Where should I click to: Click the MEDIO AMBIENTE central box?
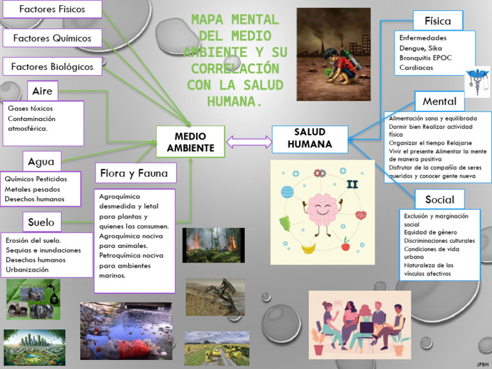(x=190, y=142)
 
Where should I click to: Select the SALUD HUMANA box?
(x=309, y=138)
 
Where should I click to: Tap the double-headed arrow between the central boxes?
(x=248, y=142)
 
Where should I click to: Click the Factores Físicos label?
(x=52, y=9)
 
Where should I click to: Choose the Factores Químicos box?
(x=52, y=38)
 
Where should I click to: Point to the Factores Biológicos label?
(x=52, y=66)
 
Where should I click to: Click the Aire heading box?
(x=42, y=91)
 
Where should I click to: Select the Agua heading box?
(x=41, y=161)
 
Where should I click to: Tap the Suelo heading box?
(x=41, y=222)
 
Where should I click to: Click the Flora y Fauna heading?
(x=134, y=173)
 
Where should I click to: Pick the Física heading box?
(x=438, y=20)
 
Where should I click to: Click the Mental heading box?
(x=439, y=101)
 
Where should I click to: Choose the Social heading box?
(x=439, y=199)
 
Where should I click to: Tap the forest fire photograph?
(x=204, y=245)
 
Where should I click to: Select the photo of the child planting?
(x=334, y=54)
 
